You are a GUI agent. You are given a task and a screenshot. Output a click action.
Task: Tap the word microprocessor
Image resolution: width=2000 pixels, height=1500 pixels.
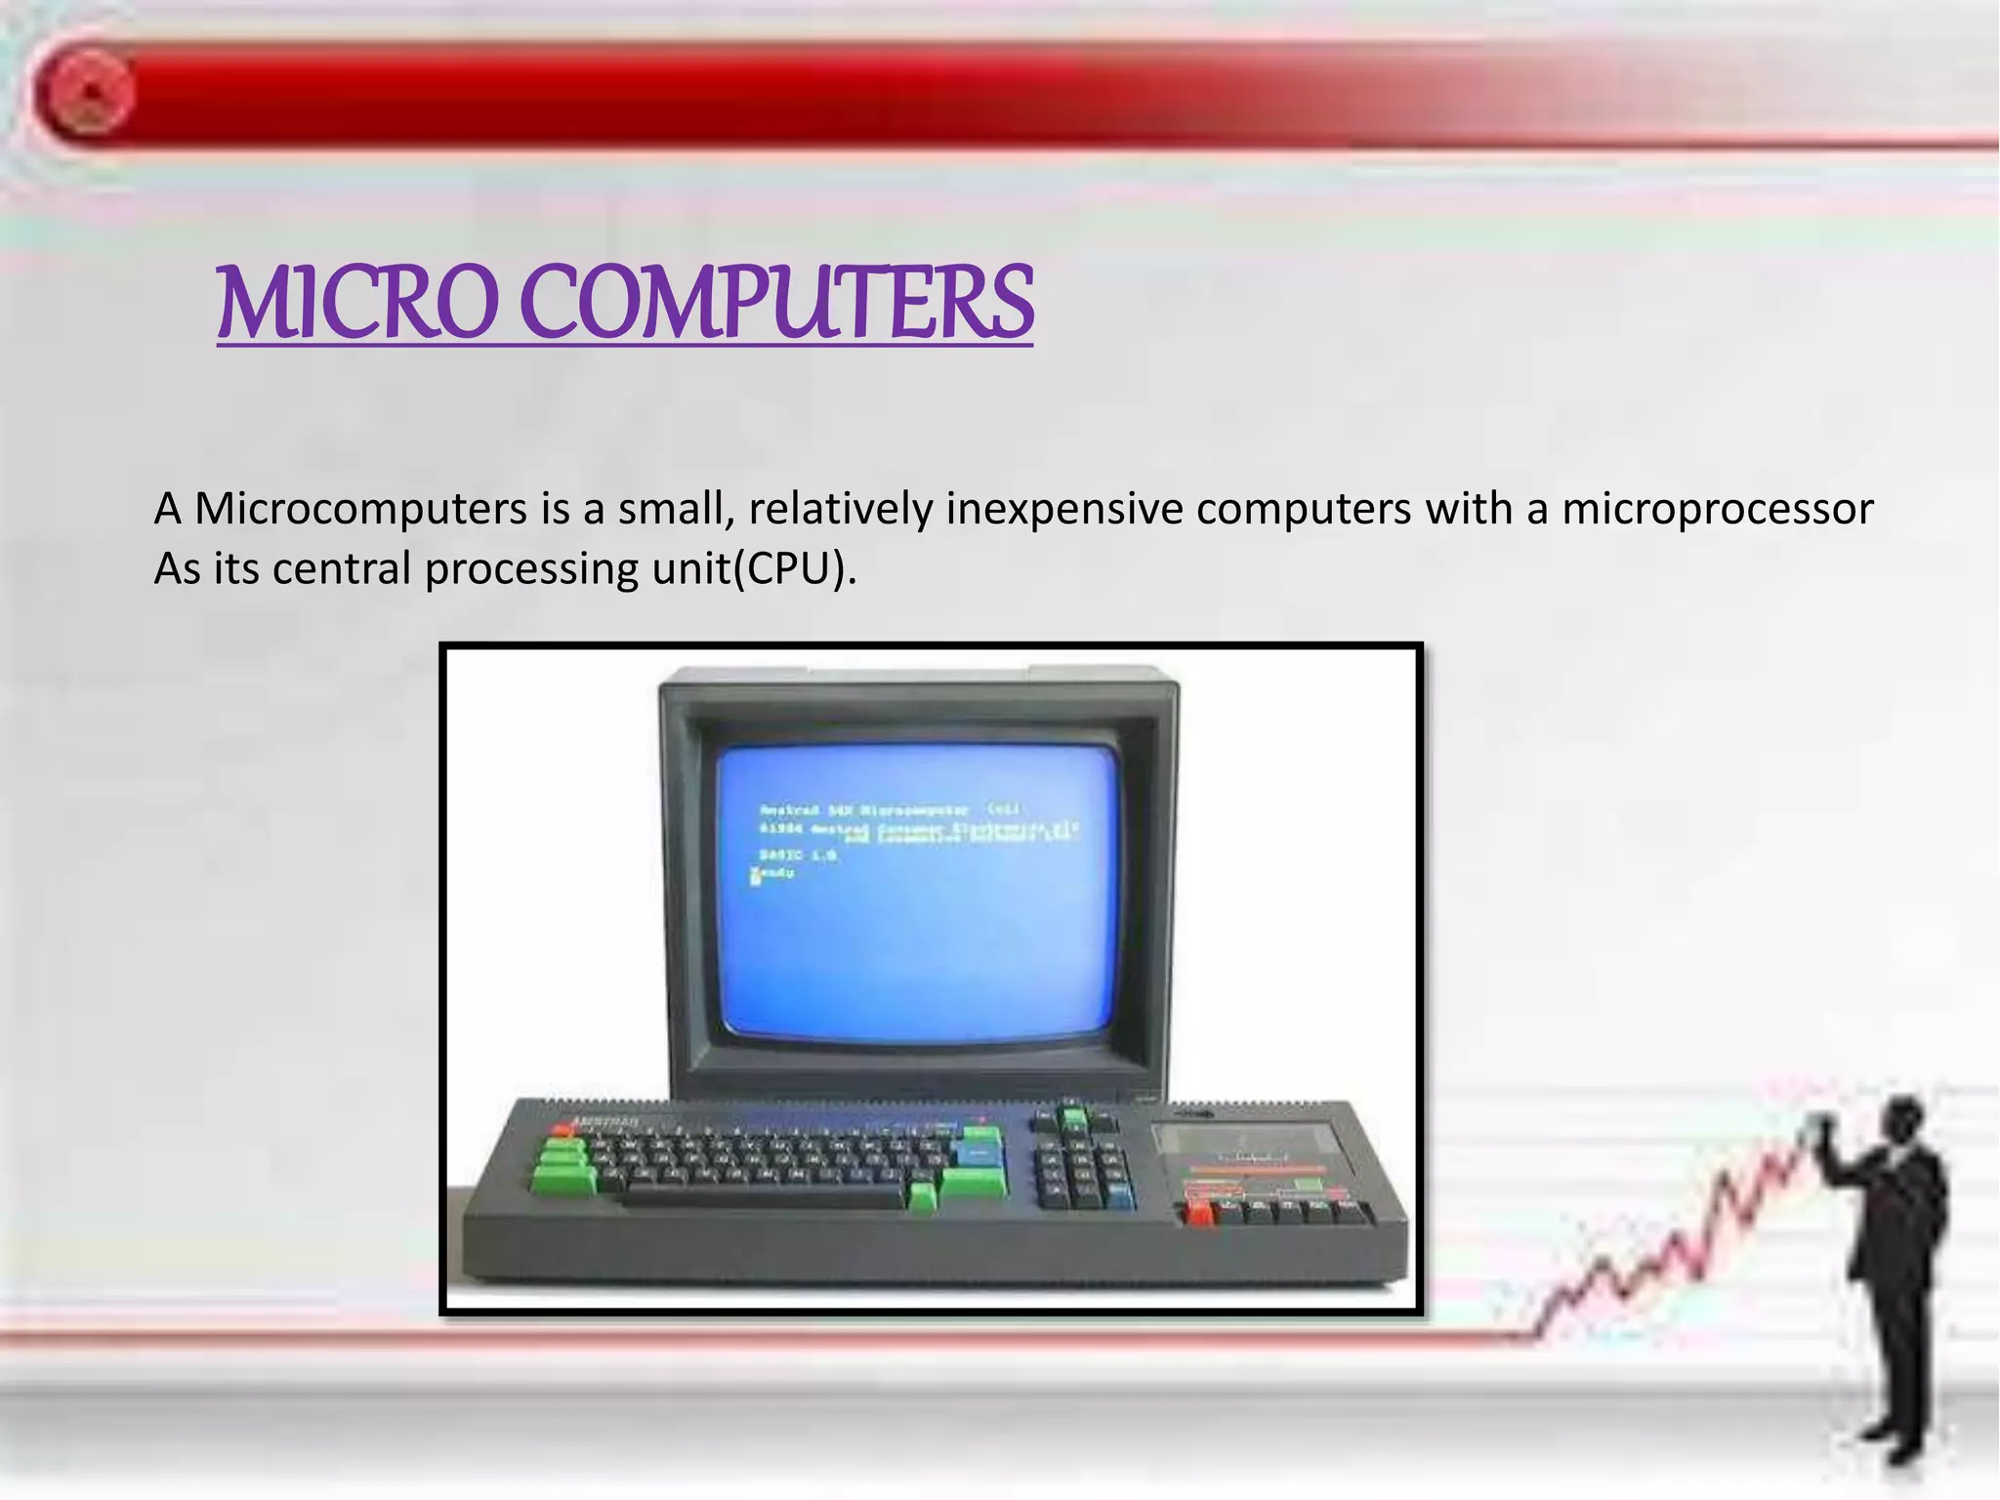point(1717,510)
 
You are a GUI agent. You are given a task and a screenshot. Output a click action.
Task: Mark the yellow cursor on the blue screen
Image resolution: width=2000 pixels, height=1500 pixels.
point(755,876)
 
